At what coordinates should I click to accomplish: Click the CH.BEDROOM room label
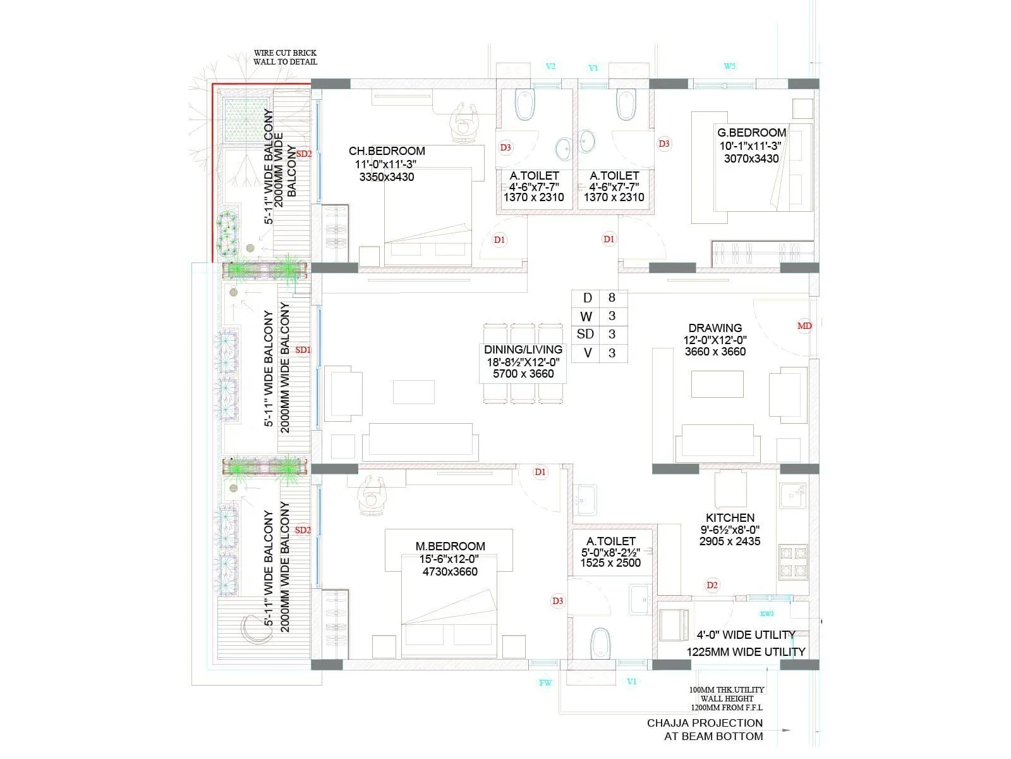coord(387,151)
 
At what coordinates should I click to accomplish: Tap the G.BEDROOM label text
coord(751,133)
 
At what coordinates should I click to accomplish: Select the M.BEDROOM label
coord(450,546)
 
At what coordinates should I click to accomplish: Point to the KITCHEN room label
coord(730,518)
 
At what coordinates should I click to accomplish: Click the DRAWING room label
coord(715,328)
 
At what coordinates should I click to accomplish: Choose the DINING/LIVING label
coord(523,350)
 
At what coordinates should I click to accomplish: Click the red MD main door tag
coord(804,326)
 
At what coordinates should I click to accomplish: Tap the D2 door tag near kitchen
coord(712,585)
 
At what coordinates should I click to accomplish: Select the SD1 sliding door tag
coord(303,350)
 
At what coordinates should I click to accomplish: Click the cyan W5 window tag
coord(729,66)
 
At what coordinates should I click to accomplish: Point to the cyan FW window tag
coord(545,682)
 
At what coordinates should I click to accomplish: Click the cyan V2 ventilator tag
coord(550,66)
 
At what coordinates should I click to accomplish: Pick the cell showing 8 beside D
coord(612,298)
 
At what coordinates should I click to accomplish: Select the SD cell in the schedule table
coord(586,335)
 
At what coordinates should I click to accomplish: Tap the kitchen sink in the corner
coord(793,495)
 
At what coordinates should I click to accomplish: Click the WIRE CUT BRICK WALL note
coord(285,58)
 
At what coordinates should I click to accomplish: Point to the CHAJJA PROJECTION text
coord(705,723)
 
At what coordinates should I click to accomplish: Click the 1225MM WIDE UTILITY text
coord(746,652)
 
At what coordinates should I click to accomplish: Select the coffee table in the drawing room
coord(717,384)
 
